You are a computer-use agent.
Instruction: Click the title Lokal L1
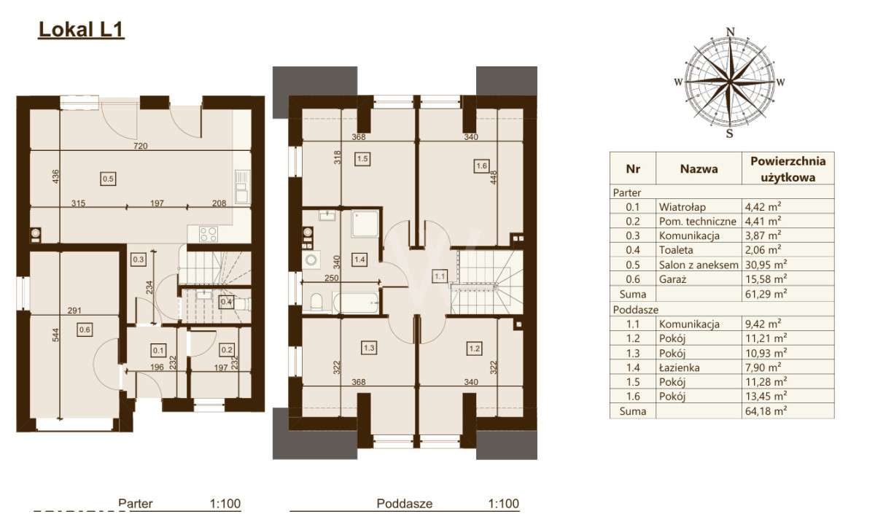81,30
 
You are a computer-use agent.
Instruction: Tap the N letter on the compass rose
729,31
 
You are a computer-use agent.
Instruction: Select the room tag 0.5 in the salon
108,177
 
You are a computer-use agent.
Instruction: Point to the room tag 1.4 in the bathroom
359,257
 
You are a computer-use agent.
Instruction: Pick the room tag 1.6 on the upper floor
481,165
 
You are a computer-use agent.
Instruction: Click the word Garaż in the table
672,280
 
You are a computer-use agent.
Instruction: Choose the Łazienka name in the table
679,367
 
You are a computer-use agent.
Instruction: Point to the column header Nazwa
699,169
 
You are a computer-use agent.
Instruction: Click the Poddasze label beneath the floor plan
405,503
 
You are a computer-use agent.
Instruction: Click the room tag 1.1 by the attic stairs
440,276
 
